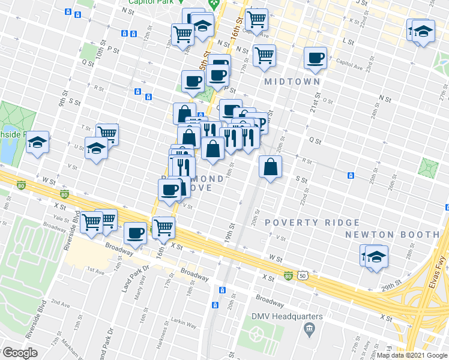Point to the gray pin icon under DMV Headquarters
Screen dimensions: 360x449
click(x=309, y=328)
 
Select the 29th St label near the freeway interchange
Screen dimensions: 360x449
click(x=393, y=283)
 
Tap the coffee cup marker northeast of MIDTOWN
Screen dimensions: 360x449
click(x=315, y=58)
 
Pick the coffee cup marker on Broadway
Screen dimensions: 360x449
click(x=136, y=233)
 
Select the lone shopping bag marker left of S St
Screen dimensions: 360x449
click(x=270, y=167)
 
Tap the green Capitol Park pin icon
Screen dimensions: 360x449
click(x=212, y=4)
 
